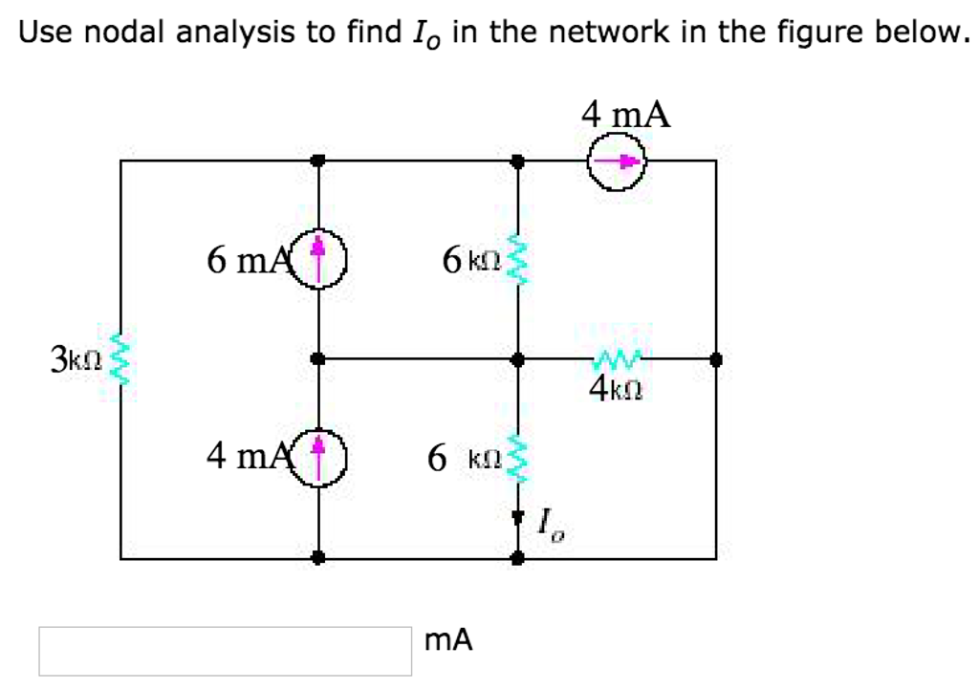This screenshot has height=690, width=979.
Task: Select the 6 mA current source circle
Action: click(320, 258)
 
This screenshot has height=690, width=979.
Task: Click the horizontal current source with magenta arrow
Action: click(617, 162)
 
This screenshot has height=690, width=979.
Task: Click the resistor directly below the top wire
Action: click(517, 260)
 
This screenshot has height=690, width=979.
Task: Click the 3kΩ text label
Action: click(75, 360)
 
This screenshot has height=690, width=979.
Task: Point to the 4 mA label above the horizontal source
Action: click(626, 115)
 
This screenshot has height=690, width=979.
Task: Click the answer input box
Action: click(226, 651)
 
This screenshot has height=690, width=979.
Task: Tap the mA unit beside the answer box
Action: click(448, 640)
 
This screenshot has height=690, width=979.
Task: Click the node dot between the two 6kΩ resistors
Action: click(517, 360)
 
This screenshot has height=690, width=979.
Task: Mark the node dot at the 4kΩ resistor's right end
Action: click(716, 360)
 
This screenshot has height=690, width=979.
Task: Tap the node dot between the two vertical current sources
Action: click(320, 360)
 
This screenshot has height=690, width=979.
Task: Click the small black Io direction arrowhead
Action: click(517, 519)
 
